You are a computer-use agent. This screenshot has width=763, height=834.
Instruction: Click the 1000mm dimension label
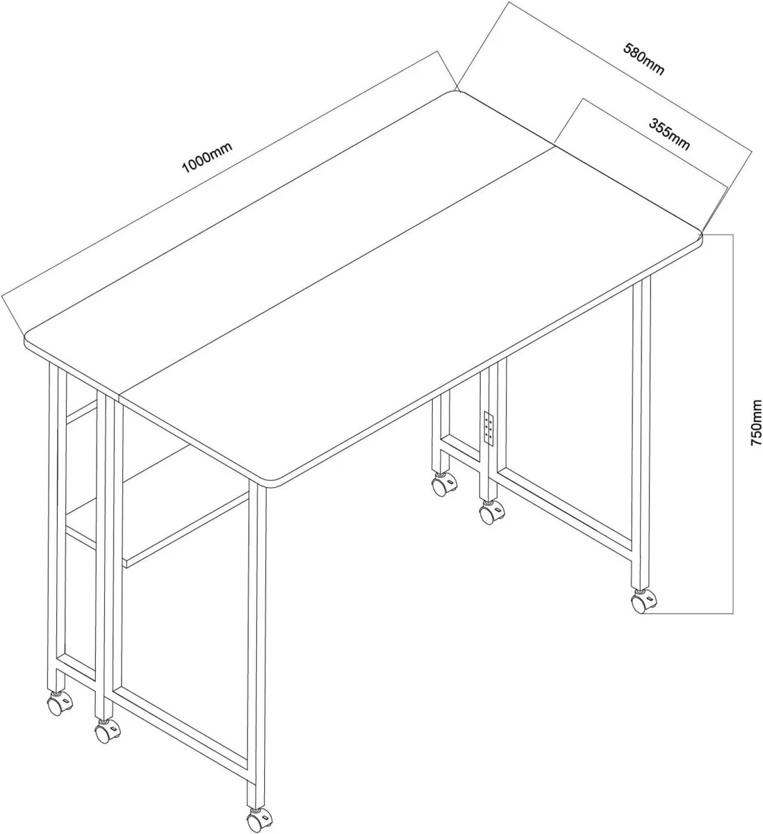click(x=206, y=158)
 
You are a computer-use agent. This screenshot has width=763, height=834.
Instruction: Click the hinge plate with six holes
click(x=488, y=427)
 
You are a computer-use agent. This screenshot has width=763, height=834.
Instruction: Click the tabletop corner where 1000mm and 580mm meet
click(x=457, y=92)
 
